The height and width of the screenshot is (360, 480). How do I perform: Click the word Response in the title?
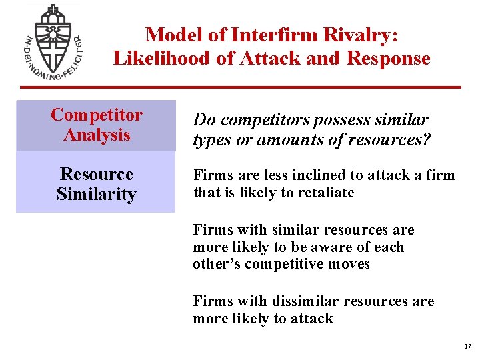(x=388, y=59)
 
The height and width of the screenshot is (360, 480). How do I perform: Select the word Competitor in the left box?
(x=97, y=115)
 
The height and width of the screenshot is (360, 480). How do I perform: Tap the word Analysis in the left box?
(x=97, y=135)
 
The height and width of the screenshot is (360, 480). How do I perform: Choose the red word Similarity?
(x=97, y=195)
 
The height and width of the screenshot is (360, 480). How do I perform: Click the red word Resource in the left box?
(x=97, y=175)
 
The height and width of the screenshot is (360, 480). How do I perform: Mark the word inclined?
(x=303, y=175)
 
